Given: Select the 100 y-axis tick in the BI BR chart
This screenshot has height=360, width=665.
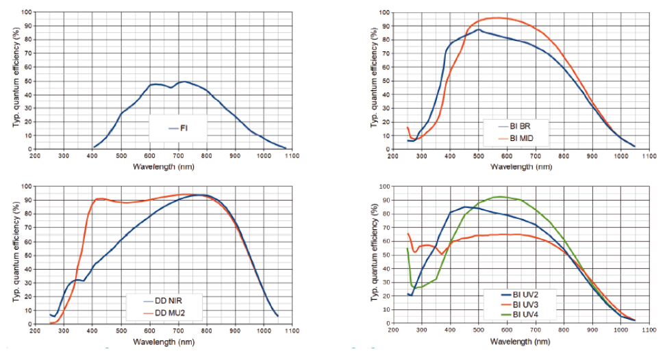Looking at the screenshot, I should [x=384, y=12].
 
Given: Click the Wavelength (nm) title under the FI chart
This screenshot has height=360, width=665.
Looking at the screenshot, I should [x=162, y=167].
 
